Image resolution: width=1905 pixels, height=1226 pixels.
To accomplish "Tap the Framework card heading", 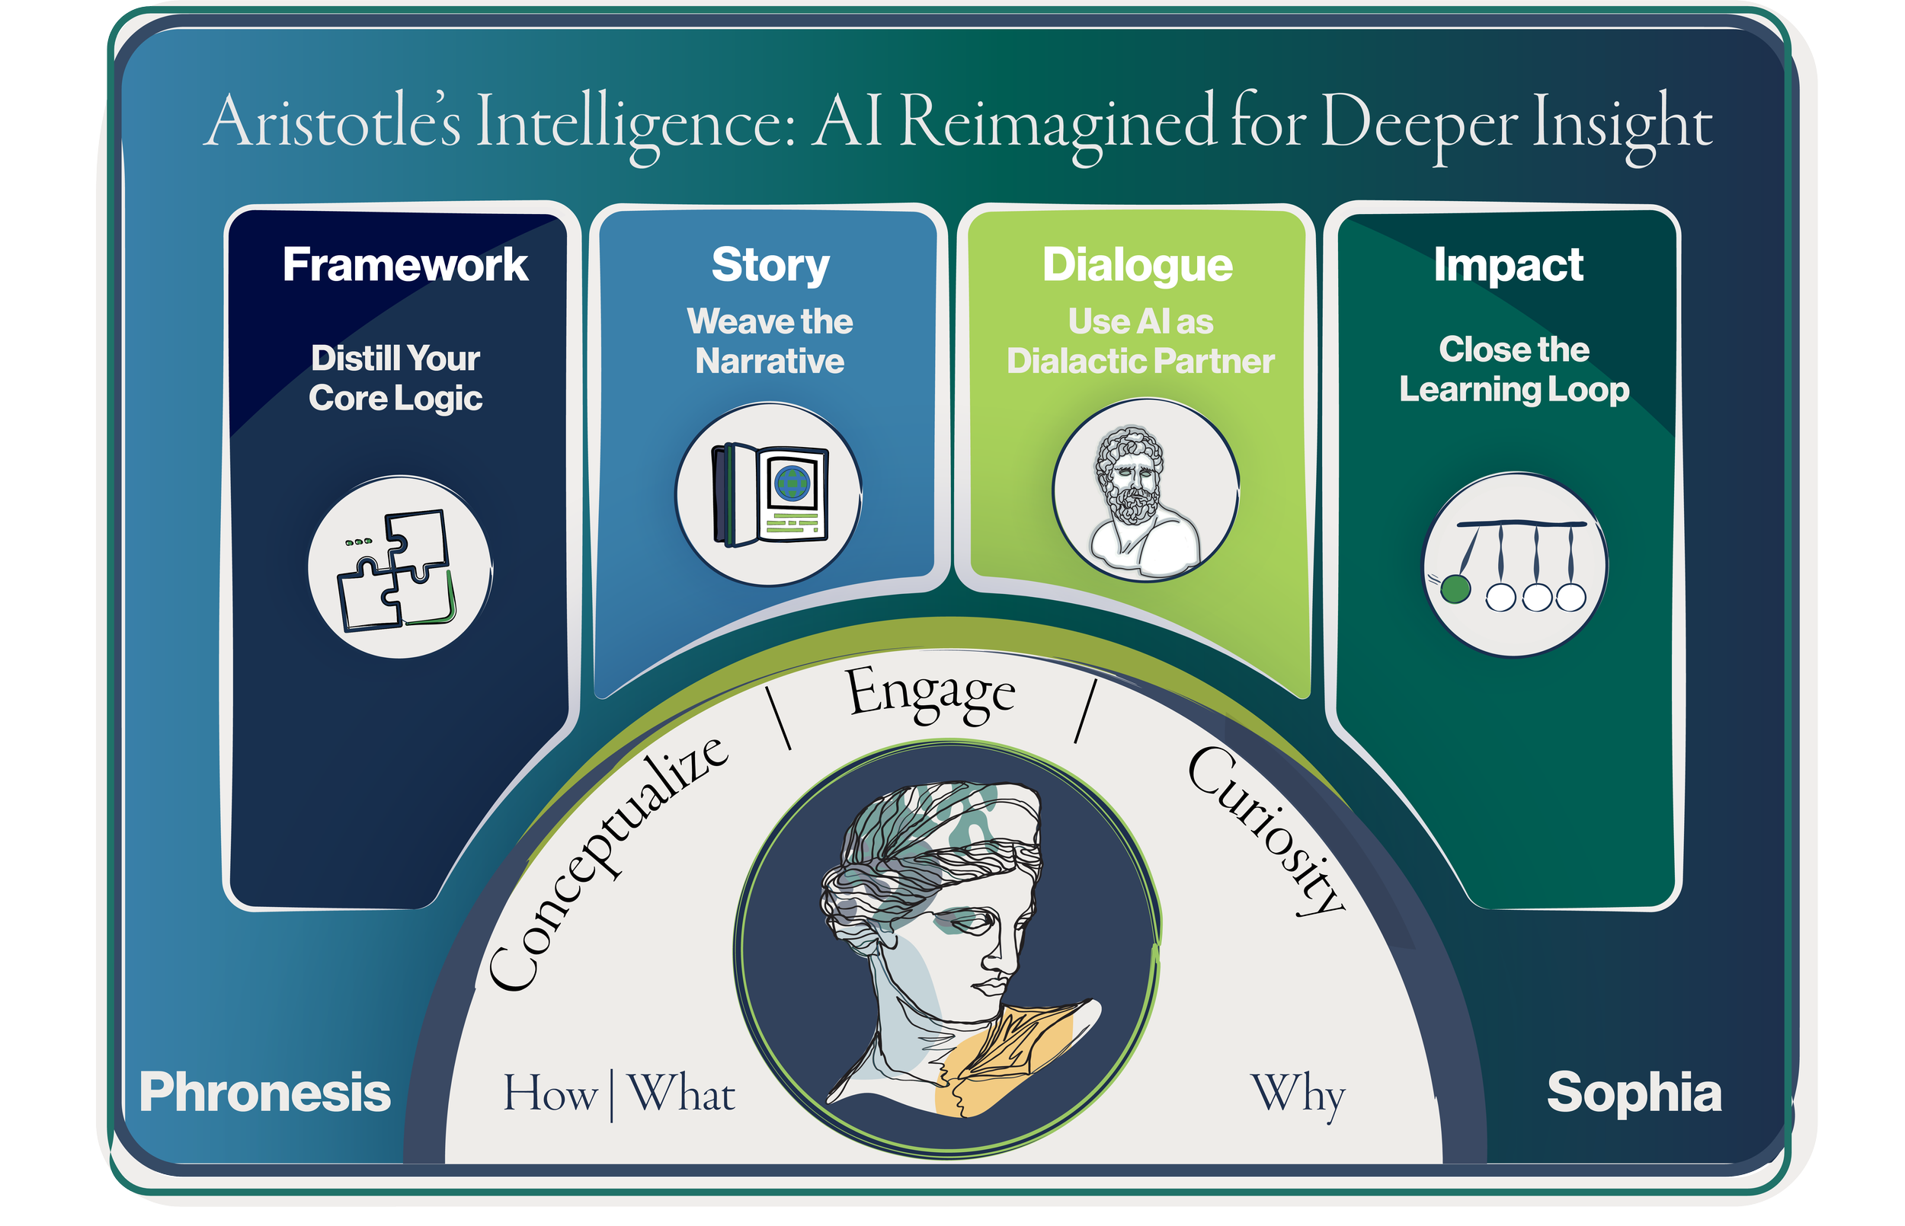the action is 405,264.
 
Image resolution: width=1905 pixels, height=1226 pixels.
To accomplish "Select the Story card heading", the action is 770,264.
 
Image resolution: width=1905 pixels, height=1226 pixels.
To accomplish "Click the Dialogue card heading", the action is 1137,264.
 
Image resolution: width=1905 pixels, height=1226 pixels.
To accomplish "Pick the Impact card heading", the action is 1507,264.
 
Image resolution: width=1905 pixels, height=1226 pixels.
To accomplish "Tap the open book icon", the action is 770,494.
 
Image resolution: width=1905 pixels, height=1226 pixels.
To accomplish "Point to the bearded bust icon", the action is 1145,491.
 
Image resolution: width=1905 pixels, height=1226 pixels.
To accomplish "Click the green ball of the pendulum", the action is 1455,589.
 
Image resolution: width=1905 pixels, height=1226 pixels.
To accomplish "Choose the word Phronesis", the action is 264,1092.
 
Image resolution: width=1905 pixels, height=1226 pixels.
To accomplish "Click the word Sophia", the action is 1634,1092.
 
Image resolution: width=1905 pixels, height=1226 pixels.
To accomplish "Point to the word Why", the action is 1298,1095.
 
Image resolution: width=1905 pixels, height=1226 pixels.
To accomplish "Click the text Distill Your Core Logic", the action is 395,378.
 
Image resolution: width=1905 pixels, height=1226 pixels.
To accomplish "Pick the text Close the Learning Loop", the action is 1513,369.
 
